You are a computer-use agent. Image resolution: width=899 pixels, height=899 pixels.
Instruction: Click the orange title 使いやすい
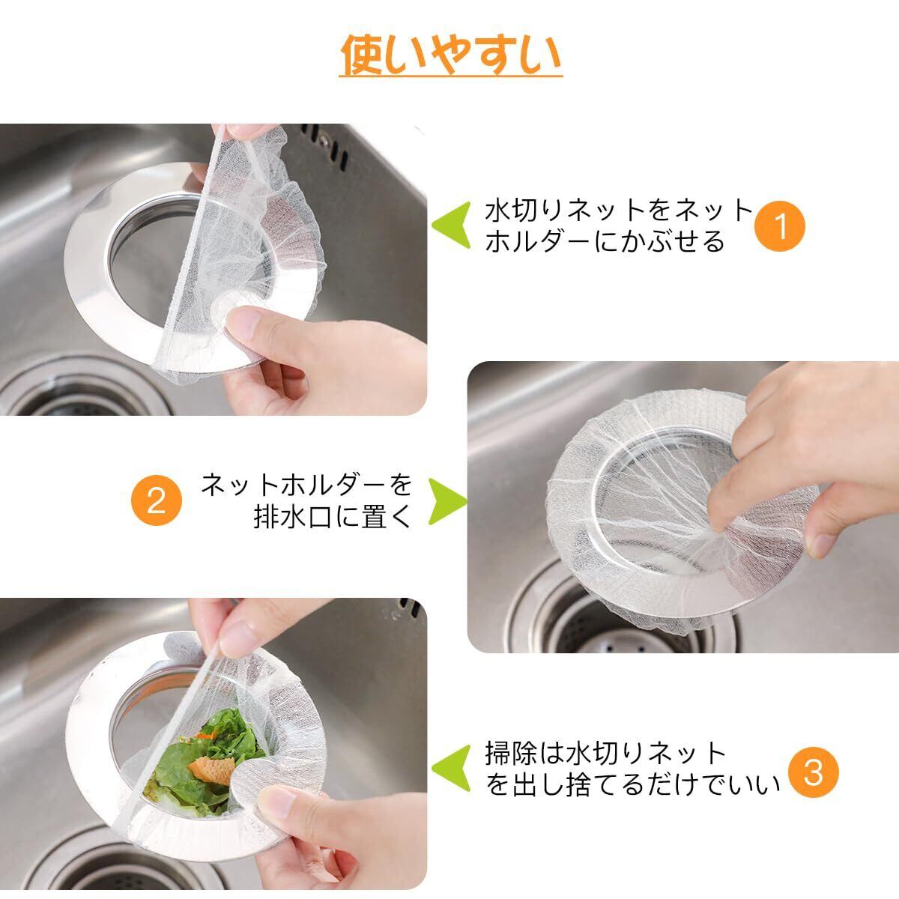point(451,55)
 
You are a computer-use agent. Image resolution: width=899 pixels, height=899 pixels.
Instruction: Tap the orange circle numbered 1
point(780,226)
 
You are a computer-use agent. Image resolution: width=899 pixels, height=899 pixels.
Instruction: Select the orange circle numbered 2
point(156,500)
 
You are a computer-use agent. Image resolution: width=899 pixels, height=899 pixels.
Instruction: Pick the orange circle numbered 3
point(813,772)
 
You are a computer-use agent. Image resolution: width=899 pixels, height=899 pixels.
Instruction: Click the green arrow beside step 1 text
point(451,225)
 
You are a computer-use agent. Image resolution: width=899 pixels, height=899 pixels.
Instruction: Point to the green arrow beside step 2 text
point(447,501)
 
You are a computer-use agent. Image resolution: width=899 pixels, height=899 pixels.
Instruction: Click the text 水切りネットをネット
point(619,211)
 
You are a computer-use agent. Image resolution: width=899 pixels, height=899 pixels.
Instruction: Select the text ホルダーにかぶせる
point(605,242)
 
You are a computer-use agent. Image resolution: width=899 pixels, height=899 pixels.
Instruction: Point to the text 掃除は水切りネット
point(605,753)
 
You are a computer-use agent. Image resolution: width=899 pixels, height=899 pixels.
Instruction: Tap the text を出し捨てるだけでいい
point(632,784)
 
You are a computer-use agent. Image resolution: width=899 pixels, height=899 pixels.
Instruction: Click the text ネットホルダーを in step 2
point(306,485)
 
